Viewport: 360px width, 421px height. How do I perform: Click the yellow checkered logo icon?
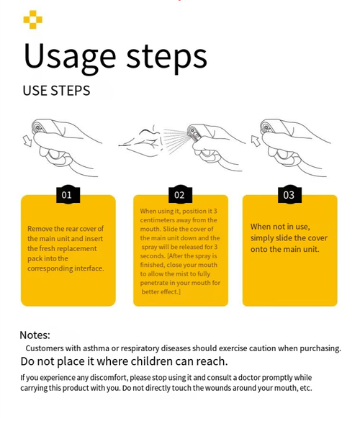(33, 19)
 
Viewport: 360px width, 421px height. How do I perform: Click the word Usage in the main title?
(70, 57)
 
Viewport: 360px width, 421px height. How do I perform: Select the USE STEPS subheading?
(56, 91)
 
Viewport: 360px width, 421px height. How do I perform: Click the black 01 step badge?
(68, 194)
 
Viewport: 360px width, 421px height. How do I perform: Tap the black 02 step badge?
(180, 194)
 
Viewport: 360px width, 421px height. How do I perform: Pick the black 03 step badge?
(289, 194)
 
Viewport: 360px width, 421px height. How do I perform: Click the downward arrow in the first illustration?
(27, 140)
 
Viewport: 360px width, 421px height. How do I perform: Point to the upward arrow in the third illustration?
(256, 140)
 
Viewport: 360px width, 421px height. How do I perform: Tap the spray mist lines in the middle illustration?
(176, 140)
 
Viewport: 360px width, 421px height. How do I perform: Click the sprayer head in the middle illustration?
(194, 132)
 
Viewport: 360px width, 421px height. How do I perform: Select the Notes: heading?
(35, 335)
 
